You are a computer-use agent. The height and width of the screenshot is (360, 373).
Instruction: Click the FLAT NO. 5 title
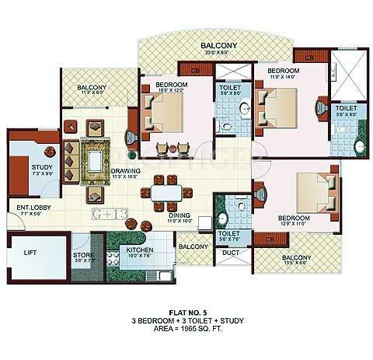(x=186, y=309)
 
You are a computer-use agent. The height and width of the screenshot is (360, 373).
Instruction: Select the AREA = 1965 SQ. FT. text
(x=186, y=327)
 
